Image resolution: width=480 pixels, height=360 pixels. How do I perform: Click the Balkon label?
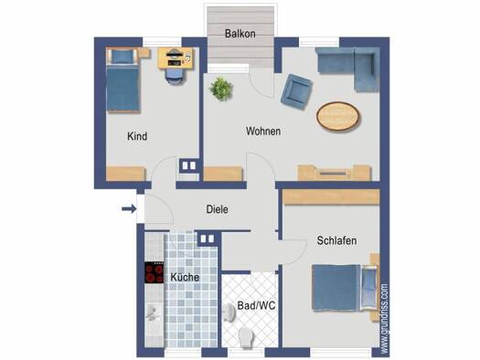[240, 34]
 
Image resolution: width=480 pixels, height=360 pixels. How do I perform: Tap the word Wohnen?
[263, 132]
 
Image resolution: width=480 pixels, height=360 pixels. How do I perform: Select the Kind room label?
[137, 136]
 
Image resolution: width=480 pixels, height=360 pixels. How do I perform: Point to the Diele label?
[217, 209]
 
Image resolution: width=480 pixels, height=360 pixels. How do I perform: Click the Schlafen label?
[336, 240]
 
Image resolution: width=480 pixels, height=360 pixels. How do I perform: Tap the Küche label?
[185, 278]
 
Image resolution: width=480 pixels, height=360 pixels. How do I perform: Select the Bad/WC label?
[256, 305]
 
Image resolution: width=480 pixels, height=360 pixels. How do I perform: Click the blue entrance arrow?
[129, 209]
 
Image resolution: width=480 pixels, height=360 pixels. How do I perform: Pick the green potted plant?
[221, 89]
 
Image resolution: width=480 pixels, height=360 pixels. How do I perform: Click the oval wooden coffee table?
[338, 116]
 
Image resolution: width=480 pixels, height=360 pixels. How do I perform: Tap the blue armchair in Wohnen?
[296, 91]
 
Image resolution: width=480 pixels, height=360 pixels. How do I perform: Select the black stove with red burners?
[154, 272]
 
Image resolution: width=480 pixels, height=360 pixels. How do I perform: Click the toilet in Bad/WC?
[246, 337]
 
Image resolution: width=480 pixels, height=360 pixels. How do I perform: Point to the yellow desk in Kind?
[176, 58]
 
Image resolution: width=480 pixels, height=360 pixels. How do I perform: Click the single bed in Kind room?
[123, 79]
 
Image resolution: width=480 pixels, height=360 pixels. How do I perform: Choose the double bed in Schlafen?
[345, 288]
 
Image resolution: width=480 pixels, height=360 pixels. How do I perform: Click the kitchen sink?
[154, 312]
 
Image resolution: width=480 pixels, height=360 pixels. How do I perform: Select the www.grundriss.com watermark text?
[385, 318]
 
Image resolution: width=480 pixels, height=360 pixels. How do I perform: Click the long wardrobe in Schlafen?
[331, 197]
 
